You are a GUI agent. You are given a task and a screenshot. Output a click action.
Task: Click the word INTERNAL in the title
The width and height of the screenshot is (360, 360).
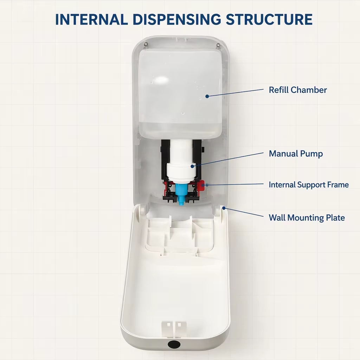91,19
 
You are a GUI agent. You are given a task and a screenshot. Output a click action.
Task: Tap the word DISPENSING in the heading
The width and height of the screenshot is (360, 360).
177,19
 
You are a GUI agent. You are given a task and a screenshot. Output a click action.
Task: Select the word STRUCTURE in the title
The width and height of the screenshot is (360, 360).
269,19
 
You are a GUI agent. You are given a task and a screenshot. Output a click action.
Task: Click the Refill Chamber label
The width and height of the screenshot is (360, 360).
298,90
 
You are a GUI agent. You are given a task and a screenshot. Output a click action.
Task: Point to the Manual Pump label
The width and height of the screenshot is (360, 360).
296,154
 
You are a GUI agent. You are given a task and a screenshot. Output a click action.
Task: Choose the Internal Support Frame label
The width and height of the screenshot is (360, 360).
309,185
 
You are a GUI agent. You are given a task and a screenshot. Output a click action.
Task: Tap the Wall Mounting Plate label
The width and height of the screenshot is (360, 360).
307,217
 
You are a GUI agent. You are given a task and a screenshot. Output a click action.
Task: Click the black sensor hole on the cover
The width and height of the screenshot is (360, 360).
174,344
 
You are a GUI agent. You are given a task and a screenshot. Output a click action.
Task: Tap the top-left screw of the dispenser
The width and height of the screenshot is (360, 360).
145,44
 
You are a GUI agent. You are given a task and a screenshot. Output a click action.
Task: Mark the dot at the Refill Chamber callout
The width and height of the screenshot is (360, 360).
207,96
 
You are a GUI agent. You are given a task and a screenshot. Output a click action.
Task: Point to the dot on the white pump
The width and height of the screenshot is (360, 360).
192,166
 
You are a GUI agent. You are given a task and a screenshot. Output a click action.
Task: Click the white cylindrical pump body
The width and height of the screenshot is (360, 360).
180,161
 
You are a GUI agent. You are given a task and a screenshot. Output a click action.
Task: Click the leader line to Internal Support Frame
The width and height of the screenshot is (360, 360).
235,184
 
